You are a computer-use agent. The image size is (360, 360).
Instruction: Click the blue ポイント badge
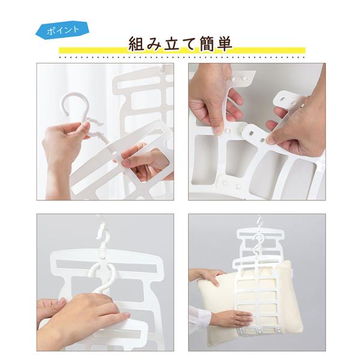[x=62, y=30]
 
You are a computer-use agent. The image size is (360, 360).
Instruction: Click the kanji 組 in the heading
[x=136, y=43]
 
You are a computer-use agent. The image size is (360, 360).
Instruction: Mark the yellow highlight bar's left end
[x=59, y=50]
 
